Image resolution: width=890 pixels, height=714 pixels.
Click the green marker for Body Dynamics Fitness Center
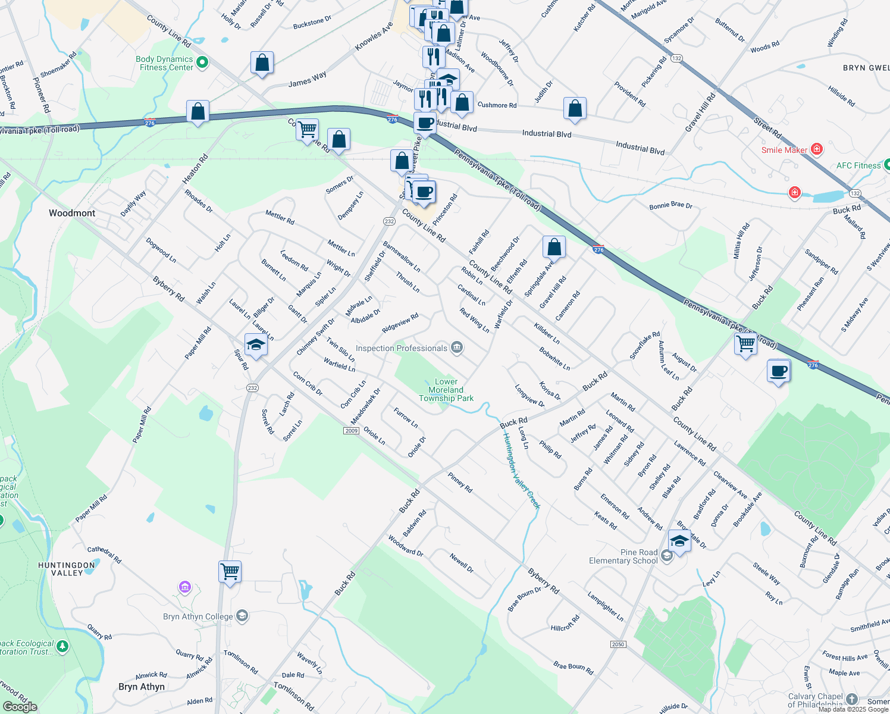click(202, 62)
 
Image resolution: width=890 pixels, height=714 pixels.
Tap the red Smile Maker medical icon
click(817, 149)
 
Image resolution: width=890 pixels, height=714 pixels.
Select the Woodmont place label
click(72, 213)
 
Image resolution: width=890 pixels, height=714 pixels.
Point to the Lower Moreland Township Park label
click(446, 390)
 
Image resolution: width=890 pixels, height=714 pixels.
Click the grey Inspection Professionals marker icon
click(457, 347)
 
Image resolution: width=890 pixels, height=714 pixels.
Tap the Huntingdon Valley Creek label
click(521, 470)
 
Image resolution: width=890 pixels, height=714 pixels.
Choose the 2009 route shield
click(351, 430)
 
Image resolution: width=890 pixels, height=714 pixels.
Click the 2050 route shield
click(618, 644)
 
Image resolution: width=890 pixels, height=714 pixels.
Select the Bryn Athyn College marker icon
click(242, 616)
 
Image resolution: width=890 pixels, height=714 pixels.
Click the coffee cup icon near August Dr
click(779, 372)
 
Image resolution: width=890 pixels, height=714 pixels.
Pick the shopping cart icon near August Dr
click(745, 343)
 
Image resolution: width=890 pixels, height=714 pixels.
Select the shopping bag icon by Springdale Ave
click(554, 246)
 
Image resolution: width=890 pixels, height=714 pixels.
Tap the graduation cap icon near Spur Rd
click(256, 345)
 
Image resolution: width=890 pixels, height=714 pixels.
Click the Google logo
click(20, 706)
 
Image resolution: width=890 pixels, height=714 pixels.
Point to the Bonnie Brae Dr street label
click(670, 205)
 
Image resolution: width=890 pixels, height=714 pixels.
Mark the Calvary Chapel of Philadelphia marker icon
click(852, 699)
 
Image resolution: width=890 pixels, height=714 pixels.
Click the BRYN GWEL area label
click(866, 68)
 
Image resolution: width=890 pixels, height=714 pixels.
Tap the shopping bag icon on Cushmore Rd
click(575, 108)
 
